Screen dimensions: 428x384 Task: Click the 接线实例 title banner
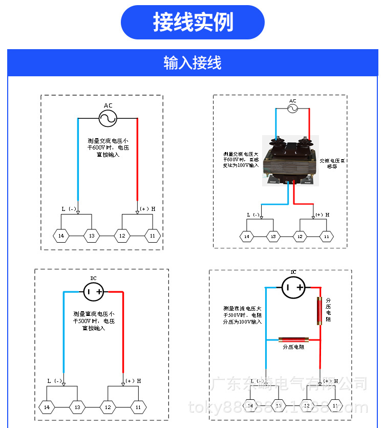coord(193,23)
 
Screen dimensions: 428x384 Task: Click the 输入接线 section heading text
coord(193,63)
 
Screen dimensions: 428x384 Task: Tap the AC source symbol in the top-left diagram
coord(108,119)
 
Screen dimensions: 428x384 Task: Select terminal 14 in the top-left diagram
coord(61,236)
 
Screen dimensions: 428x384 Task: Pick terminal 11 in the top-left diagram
coord(152,236)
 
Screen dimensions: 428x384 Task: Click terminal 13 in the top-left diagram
coord(92,236)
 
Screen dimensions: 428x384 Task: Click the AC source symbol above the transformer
coord(292,109)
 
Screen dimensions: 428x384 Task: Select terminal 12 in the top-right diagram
coord(301,237)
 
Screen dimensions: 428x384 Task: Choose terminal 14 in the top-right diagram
coord(247,237)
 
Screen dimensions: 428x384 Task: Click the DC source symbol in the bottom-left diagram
coord(94,292)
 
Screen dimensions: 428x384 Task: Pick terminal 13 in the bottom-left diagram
coord(77,407)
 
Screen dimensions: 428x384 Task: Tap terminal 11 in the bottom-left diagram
coord(138,407)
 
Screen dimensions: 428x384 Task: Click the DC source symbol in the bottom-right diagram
coord(293,288)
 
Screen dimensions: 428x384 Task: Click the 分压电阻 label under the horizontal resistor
coord(293,347)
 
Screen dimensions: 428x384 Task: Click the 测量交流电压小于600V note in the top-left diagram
coord(108,147)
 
